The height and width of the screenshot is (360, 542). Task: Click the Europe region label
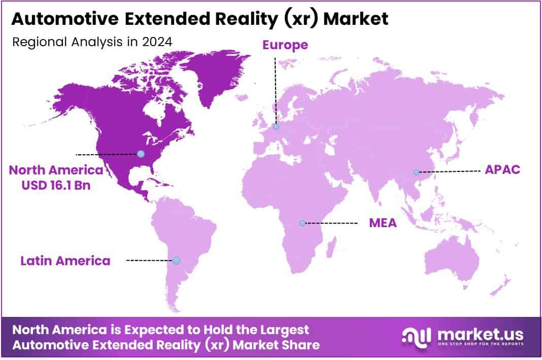coord(285,45)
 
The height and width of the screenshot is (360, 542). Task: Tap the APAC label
coord(502,169)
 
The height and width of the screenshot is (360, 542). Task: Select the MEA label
coord(383,223)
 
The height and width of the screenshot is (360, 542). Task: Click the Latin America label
coord(65,261)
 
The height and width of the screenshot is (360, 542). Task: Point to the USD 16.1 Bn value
coord(56,185)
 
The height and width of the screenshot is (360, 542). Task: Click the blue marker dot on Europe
coord(276,126)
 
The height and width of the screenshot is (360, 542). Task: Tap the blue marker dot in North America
coord(141,154)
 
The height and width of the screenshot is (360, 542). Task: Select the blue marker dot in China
coord(416,172)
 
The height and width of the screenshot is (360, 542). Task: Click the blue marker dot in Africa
coord(302,223)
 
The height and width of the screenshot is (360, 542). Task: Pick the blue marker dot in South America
coord(176,260)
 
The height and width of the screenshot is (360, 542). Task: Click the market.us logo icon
coord(416,336)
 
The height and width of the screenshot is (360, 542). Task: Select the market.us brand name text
coord(479,334)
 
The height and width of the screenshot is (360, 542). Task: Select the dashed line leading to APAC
coord(449,172)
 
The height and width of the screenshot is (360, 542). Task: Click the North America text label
coord(56,170)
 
